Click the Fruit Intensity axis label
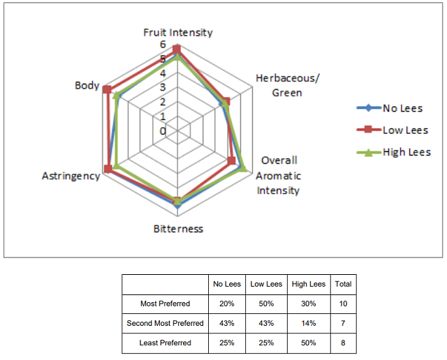tap(178, 33)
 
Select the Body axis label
tap(87, 85)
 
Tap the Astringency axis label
tap(71, 176)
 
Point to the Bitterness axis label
tap(178, 229)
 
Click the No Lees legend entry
tap(390, 108)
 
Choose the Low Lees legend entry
tap(393, 130)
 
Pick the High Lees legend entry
tap(394, 152)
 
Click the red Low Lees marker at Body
tap(107, 90)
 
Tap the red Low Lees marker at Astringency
tap(108, 169)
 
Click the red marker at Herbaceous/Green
tap(226, 102)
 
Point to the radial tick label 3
tap(163, 87)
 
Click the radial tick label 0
tap(163, 131)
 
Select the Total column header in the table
tap(343, 284)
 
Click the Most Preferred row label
tap(165, 303)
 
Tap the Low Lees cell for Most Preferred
tap(266, 303)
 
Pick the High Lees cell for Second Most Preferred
tap(309, 323)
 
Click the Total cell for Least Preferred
tap(343, 343)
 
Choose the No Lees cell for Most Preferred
tap(227, 303)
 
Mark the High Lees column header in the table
tap(309, 284)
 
